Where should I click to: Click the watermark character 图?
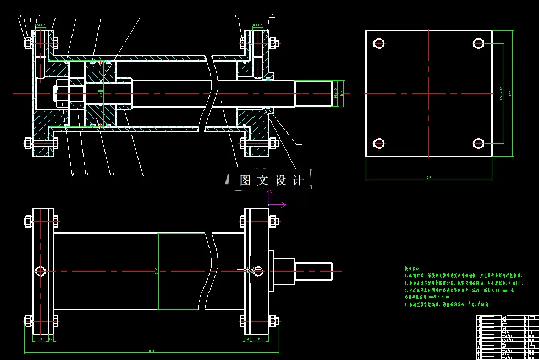[245, 181]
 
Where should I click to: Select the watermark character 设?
[280, 181]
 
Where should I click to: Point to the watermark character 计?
[298, 181]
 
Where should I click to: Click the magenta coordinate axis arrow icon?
[275, 201]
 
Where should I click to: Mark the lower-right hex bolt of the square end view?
[478, 143]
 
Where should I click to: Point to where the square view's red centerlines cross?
[428, 93]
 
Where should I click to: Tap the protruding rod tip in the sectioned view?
[314, 93]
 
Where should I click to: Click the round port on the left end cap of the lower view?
[40, 270]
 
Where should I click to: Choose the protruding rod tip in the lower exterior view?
[314, 271]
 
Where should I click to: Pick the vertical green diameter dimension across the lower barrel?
[158, 270]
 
